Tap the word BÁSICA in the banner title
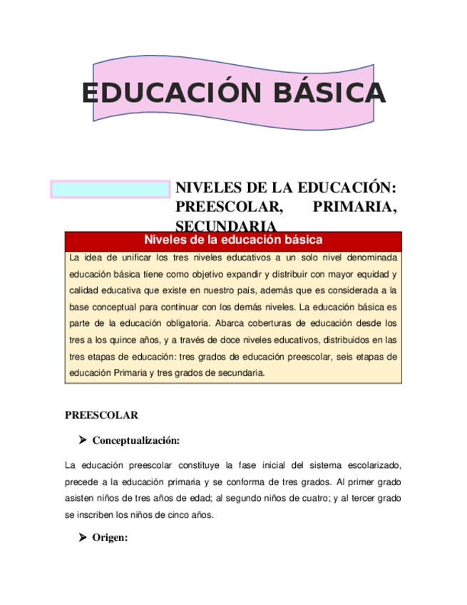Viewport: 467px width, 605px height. (318, 93)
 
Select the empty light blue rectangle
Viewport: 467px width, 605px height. (110, 189)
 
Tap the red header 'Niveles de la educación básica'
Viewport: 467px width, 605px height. (233, 240)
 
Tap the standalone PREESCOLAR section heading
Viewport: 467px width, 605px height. (101, 415)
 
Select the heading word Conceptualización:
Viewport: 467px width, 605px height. (135, 439)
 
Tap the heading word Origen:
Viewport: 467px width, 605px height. (110, 538)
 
